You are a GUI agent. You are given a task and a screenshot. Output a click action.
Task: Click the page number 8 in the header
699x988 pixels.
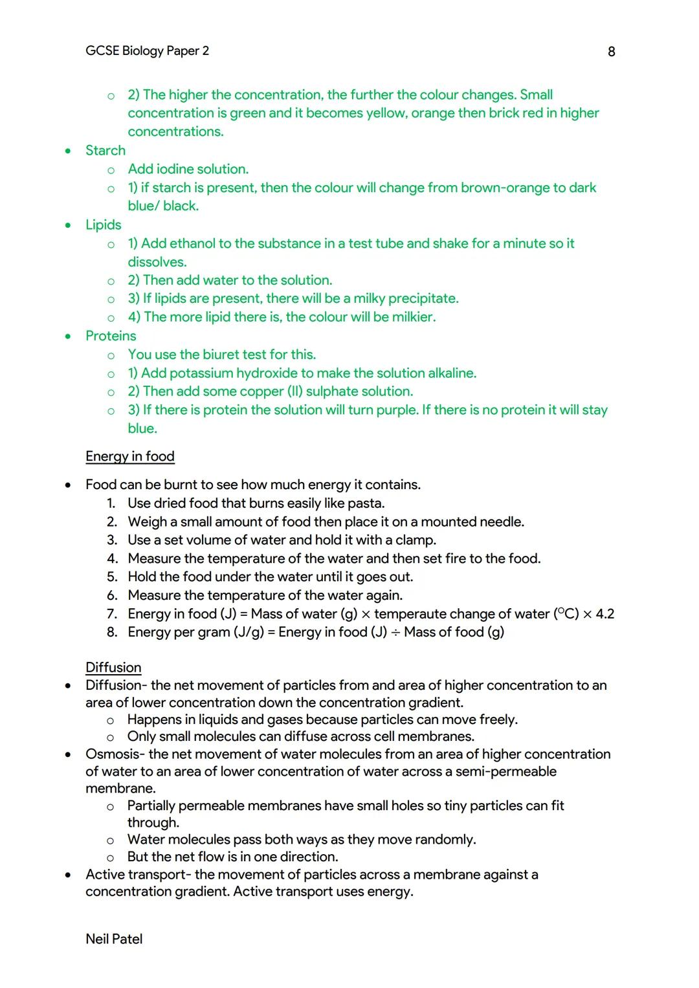[x=611, y=52]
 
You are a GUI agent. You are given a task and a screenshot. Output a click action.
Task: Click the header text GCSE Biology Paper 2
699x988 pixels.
[x=147, y=51]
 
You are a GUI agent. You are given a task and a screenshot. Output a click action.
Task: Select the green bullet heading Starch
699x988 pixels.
[x=105, y=151]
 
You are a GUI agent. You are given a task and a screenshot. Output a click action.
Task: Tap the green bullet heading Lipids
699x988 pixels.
[x=104, y=225]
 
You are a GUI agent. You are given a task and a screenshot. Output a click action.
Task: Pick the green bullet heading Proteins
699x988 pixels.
[x=111, y=336]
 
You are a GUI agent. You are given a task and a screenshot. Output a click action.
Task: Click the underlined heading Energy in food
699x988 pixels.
[x=130, y=457]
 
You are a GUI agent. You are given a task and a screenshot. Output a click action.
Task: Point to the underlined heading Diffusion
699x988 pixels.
[x=113, y=668]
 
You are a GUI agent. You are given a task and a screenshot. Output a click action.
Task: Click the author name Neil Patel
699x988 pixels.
[x=114, y=939]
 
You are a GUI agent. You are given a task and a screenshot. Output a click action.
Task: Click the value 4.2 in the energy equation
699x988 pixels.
[x=605, y=614]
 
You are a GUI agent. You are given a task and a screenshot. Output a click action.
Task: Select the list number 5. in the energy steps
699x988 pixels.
[x=112, y=577]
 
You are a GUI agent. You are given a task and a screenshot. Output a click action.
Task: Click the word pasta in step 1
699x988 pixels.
[x=368, y=503]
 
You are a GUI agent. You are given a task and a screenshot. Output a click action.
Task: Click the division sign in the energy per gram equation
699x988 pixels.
[x=395, y=632]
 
